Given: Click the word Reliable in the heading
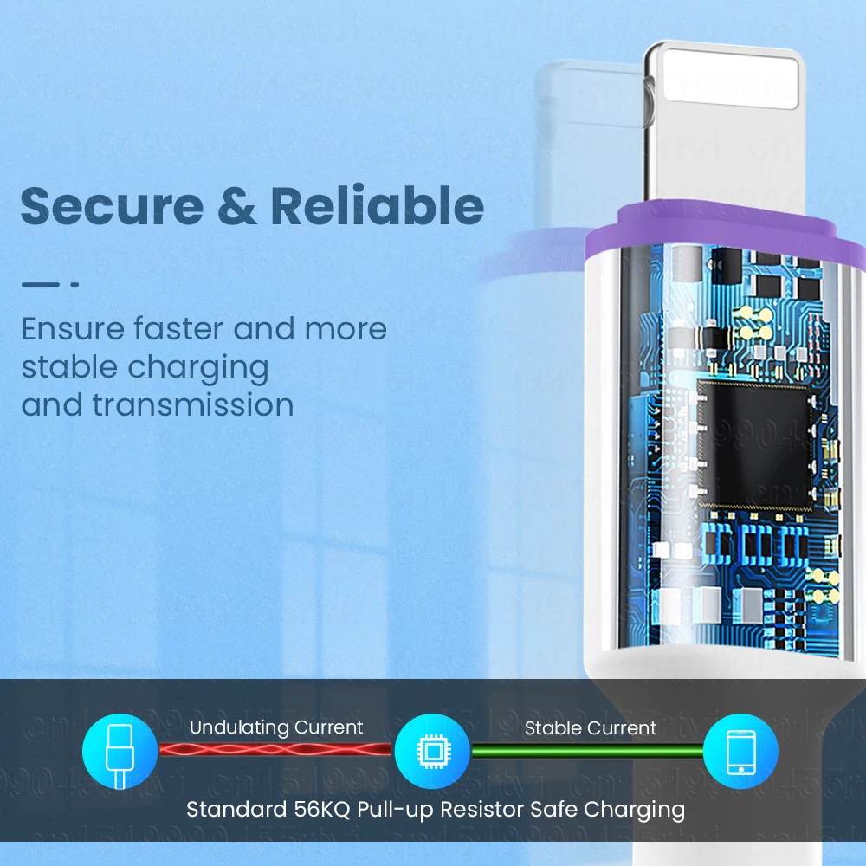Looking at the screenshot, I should coord(377,206).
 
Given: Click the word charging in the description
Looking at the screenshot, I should coord(198,367).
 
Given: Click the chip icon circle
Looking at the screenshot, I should coord(432,751).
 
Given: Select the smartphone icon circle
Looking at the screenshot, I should coord(740,751).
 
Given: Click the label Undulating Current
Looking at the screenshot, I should coord(276,728).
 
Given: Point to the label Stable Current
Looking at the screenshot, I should coord(591,728).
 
